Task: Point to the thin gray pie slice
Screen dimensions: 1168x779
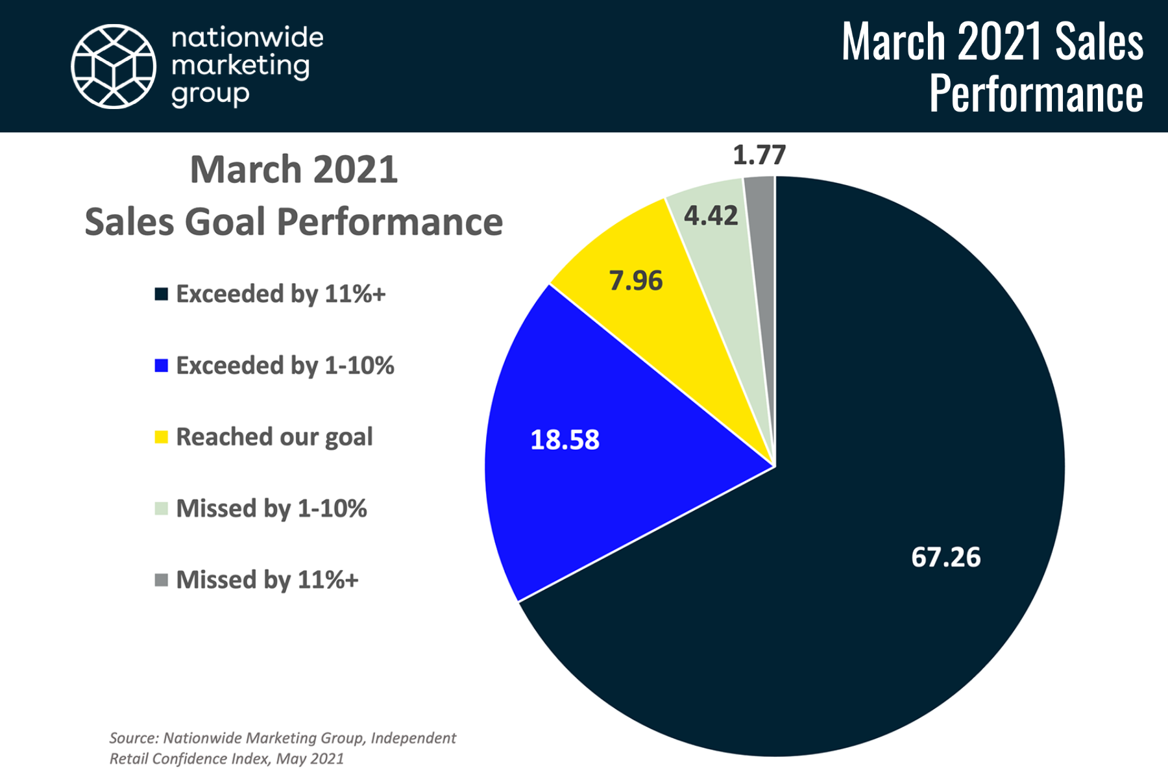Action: click(x=762, y=260)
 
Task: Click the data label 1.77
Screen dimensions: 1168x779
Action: click(x=759, y=155)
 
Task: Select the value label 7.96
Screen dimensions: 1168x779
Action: click(x=636, y=280)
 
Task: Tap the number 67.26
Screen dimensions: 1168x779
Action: click(x=946, y=557)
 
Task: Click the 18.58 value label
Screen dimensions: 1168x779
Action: click(x=565, y=439)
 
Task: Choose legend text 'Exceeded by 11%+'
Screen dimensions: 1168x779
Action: click(x=281, y=294)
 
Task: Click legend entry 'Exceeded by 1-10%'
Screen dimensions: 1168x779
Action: click(x=286, y=365)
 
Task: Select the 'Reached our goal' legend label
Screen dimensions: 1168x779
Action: click(x=274, y=437)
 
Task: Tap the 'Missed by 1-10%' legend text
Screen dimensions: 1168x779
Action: click(x=272, y=508)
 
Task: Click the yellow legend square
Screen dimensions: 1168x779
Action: click(x=162, y=437)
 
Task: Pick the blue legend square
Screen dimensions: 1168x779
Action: click(x=162, y=365)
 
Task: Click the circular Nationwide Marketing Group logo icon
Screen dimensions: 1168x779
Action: click(x=114, y=66)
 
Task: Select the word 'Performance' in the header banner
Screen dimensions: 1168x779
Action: click(x=1036, y=93)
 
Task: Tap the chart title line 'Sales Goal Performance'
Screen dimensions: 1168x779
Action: click(x=294, y=222)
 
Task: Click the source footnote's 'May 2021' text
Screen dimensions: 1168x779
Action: click(x=310, y=759)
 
